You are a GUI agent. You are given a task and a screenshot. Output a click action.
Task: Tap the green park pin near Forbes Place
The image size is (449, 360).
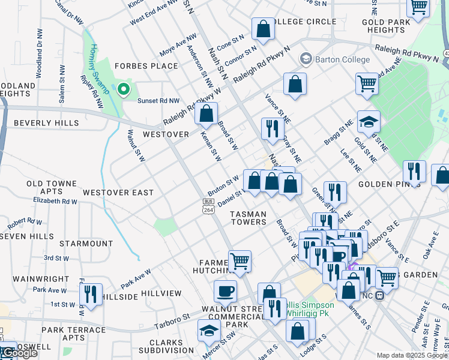click(124, 89)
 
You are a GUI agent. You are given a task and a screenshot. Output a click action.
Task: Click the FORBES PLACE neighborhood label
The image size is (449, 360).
click(146, 66)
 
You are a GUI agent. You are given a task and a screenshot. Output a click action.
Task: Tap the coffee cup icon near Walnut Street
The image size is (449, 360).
click(225, 291)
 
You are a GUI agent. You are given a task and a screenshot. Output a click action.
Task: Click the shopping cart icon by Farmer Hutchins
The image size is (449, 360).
click(240, 261)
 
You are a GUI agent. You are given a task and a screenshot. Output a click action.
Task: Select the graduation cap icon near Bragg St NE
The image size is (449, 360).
click(369, 122)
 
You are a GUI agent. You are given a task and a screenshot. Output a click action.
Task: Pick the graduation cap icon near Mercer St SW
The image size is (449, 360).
click(209, 330)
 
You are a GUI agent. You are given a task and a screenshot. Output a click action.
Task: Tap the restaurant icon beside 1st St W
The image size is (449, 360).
click(91, 295)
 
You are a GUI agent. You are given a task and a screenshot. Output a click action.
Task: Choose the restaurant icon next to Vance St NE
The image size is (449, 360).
click(273, 128)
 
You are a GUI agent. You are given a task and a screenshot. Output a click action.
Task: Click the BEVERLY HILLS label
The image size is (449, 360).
click(46, 123)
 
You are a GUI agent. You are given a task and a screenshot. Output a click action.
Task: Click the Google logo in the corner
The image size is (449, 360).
click(19, 353)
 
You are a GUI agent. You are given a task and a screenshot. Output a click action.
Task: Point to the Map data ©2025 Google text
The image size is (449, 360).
click(411, 355)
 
